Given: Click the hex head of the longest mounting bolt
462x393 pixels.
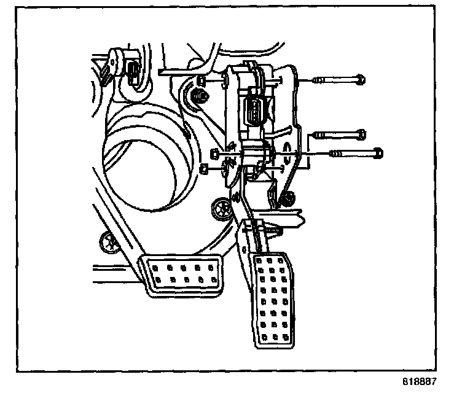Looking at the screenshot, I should [377, 152].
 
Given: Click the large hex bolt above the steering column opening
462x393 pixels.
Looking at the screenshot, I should [199, 96].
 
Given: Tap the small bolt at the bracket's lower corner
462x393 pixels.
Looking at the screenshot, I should [287, 198].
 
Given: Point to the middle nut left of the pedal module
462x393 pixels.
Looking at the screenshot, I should [214, 152].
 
